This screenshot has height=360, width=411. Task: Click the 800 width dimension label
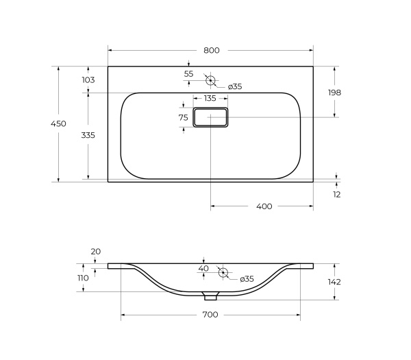[x=211, y=50]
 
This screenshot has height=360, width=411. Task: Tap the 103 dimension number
[x=88, y=80]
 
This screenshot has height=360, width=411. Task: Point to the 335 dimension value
[x=88, y=135]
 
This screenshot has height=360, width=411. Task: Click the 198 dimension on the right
[x=334, y=92]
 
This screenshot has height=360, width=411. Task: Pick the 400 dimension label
[x=264, y=206]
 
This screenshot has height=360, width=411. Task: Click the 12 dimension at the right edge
[x=336, y=194]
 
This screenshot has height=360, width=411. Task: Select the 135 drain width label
[x=210, y=99]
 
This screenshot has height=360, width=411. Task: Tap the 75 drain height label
[x=183, y=118]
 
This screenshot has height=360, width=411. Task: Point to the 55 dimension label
[x=188, y=74]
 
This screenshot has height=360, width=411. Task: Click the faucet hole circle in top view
[x=211, y=80]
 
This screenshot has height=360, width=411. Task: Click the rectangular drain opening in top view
[x=211, y=118]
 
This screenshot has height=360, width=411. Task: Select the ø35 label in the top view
[x=234, y=86]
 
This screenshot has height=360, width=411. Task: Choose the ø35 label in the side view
[x=247, y=279]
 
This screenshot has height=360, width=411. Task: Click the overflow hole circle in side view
[x=223, y=272]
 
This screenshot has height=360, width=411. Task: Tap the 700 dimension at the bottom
[x=210, y=315]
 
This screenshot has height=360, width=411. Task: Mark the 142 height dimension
[x=334, y=282]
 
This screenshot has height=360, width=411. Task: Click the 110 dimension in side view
[x=83, y=278]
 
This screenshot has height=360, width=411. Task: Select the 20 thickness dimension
[x=95, y=252]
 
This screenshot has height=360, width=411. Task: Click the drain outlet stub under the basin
[x=210, y=296]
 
